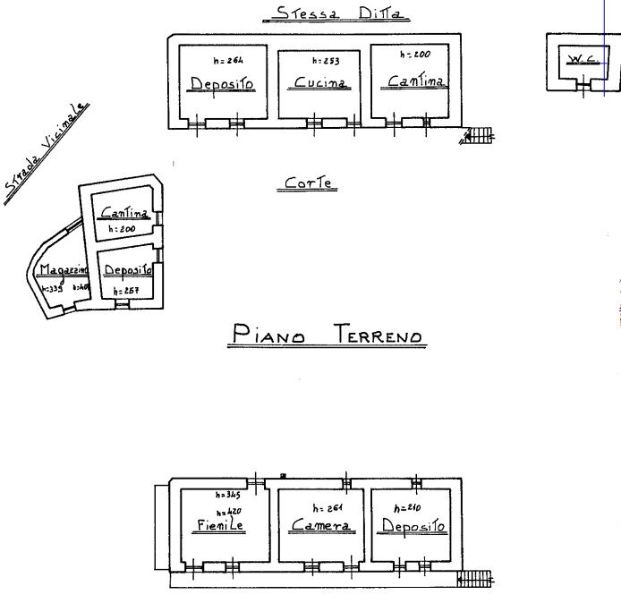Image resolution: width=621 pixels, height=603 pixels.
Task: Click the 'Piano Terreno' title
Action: coord(325,335)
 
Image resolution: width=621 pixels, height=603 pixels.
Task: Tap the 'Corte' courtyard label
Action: coord(309,183)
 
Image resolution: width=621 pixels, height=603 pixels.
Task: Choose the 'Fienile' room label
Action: coord(219,526)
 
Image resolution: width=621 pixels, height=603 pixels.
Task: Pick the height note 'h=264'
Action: coord(227,61)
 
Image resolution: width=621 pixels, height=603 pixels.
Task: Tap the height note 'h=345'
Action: coord(228,495)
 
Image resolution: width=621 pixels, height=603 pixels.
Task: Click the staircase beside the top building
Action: coord(479,135)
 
